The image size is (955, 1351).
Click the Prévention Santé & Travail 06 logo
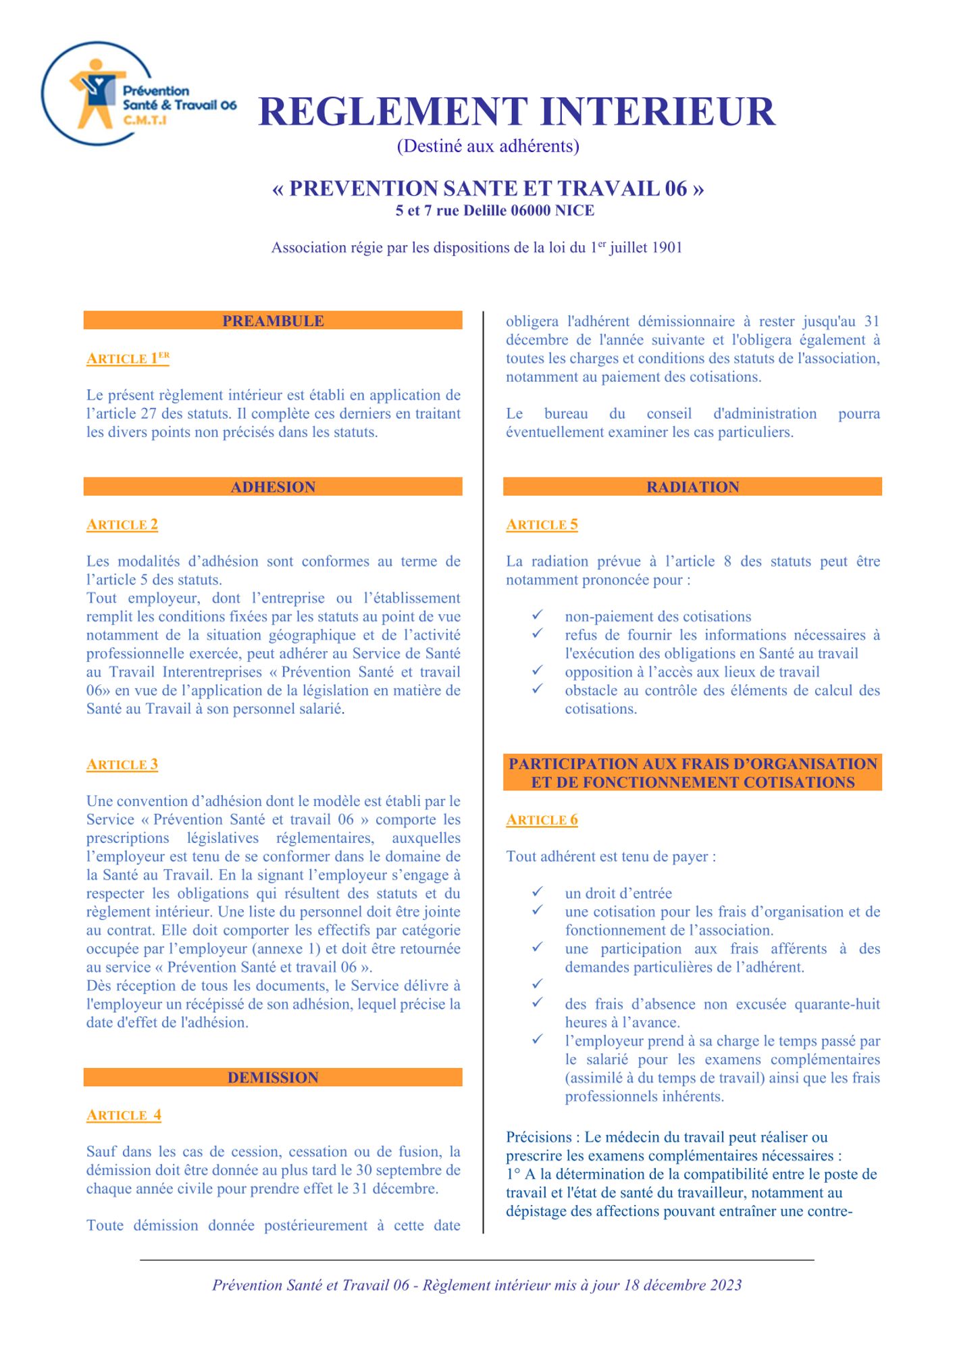click(138, 94)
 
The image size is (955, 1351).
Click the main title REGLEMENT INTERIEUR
click(517, 112)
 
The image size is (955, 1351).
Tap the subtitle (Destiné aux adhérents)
click(488, 146)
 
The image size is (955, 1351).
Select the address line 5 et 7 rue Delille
click(494, 211)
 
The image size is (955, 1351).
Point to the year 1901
click(667, 248)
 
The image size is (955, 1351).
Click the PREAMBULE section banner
click(273, 321)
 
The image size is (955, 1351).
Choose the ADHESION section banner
click(273, 487)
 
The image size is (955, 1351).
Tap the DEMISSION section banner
click(273, 1077)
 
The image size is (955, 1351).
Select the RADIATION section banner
click(692, 487)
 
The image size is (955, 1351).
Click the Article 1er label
click(128, 358)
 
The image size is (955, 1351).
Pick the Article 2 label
click(122, 524)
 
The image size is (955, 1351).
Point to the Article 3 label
click(122, 764)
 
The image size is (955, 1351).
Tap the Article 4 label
click(124, 1115)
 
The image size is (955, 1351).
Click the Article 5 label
click(542, 524)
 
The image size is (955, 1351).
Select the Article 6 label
click(542, 819)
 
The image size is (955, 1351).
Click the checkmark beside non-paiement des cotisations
click(537, 615)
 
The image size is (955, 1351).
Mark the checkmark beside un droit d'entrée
click(537, 892)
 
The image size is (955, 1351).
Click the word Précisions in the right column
click(539, 1137)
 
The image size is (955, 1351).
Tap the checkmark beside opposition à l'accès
click(537, 670)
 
